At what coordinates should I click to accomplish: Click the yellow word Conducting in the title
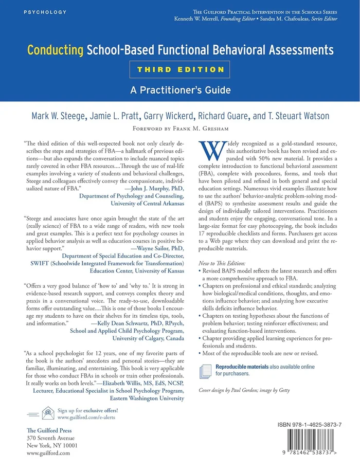pos(55,50)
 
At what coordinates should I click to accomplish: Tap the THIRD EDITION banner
pos(180,69)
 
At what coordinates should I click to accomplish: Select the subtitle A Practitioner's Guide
pos(179,90)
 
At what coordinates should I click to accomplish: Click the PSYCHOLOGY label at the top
pos(45,11)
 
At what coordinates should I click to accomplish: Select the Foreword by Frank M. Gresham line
pos(179,129)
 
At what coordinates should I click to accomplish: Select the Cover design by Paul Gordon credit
pos(244,390)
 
